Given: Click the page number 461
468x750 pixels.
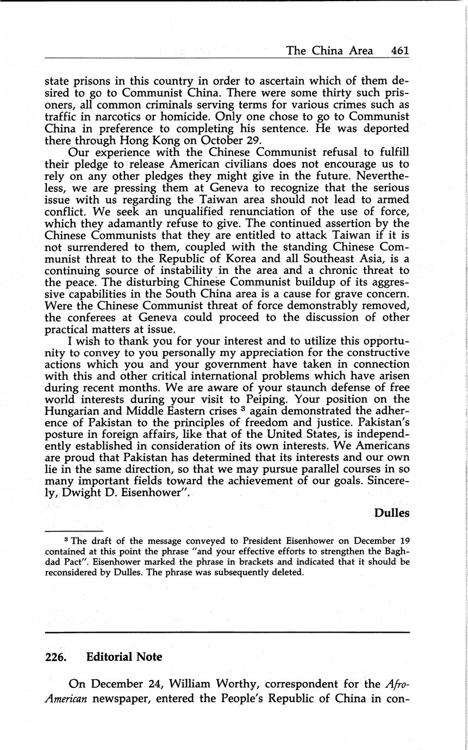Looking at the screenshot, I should coord(400,51).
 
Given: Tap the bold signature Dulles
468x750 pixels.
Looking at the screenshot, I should coord(391,513).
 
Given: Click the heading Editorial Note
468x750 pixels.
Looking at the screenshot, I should coord(124,657).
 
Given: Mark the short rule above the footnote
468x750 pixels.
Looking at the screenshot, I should coord(74,531).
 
